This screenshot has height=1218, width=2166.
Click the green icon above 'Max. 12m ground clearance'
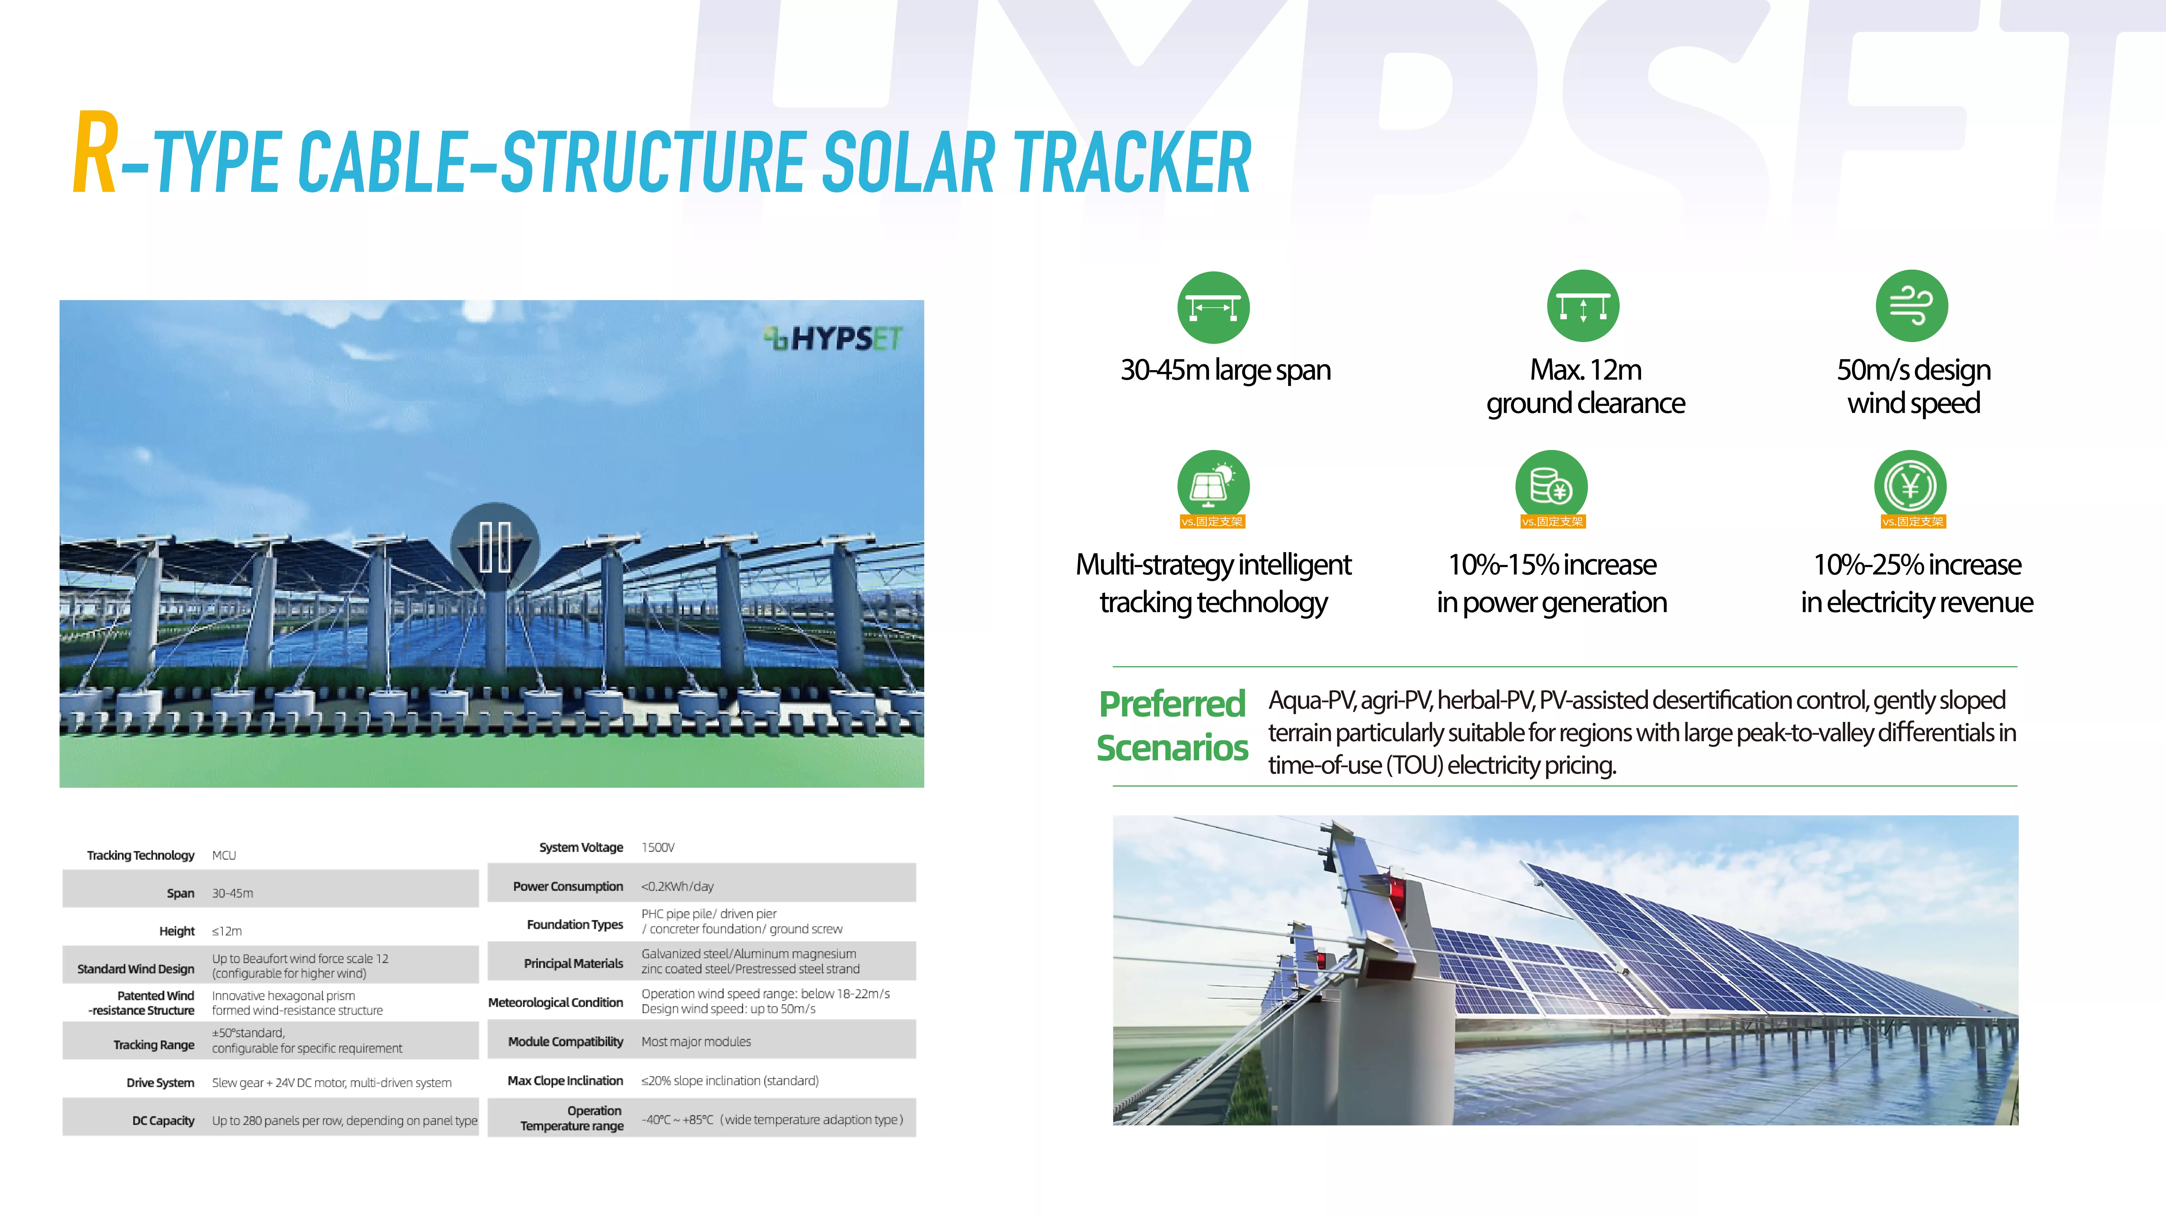pos(1583,306)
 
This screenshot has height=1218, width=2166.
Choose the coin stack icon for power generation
pos(1551,486)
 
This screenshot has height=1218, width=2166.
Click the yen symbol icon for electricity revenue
pos(1910,486)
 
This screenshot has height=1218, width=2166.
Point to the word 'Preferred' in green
pos(1172,704)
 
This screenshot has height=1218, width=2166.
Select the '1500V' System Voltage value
pos(658,847)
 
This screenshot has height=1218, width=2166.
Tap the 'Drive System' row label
pos(160,1083)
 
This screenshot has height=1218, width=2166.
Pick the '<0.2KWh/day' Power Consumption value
pos(678,886)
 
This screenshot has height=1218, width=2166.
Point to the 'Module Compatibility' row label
pos(565,1042)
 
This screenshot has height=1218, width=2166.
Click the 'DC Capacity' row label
pos(163,1121)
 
